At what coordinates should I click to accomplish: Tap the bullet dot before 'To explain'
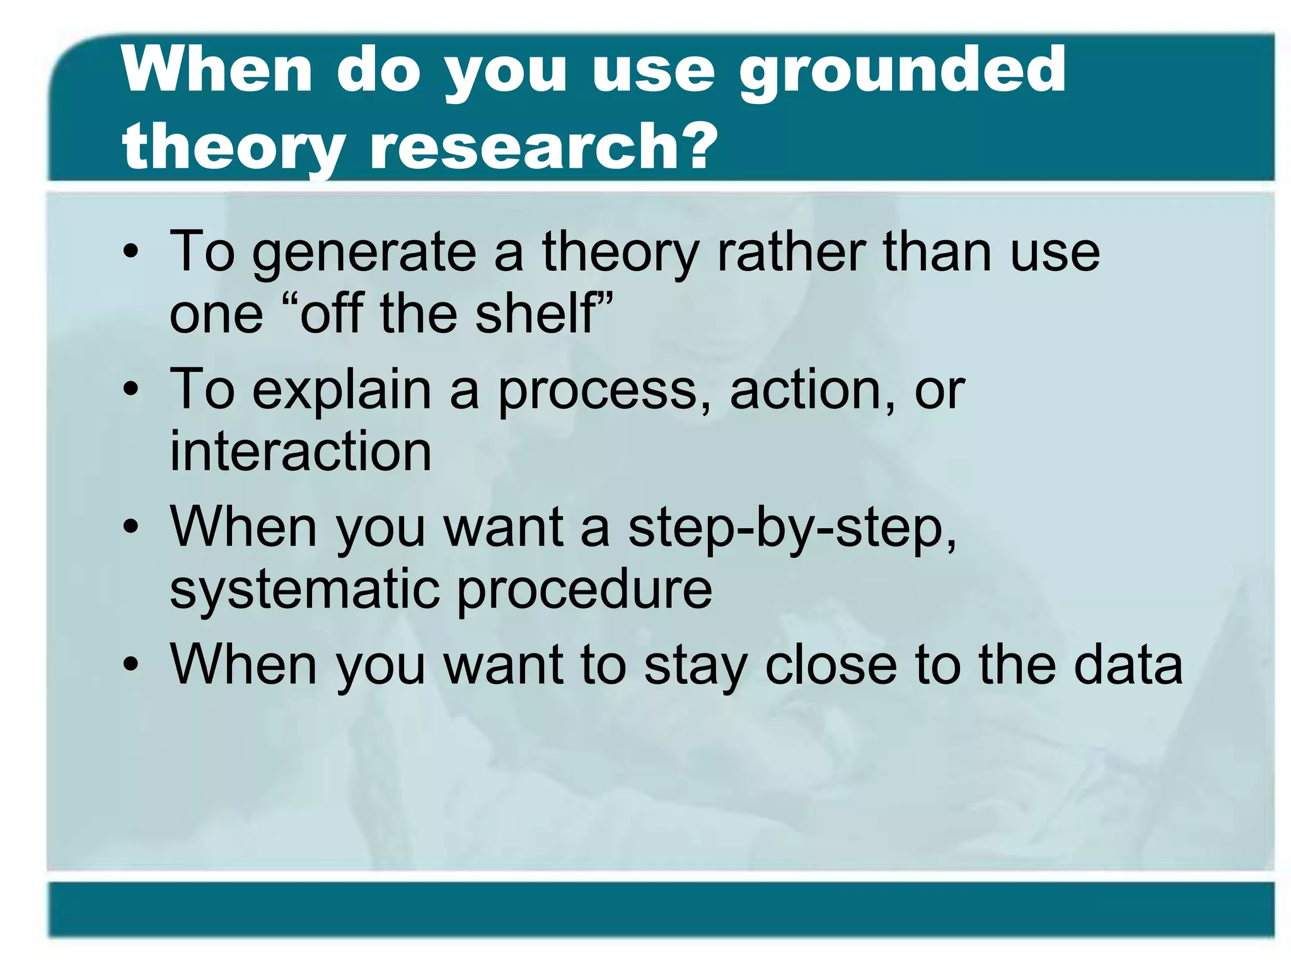click(x=130, y=391)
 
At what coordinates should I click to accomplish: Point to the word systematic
click(x=304, y=589)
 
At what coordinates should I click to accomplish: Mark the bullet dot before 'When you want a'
click(x=130, y=528)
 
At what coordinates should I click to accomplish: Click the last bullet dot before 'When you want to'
click(x=130, y=665)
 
